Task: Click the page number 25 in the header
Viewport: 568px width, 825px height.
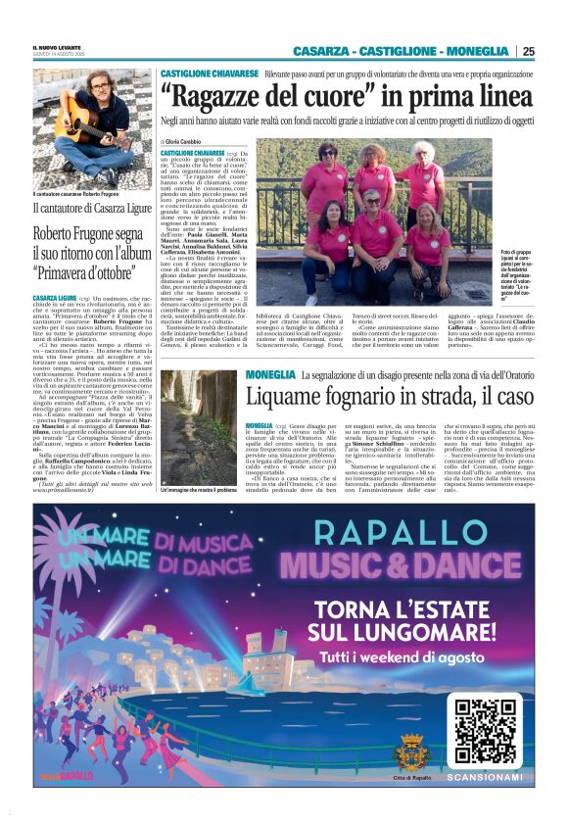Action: pos(528,51)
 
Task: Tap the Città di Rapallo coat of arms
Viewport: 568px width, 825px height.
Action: pos(411,754)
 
